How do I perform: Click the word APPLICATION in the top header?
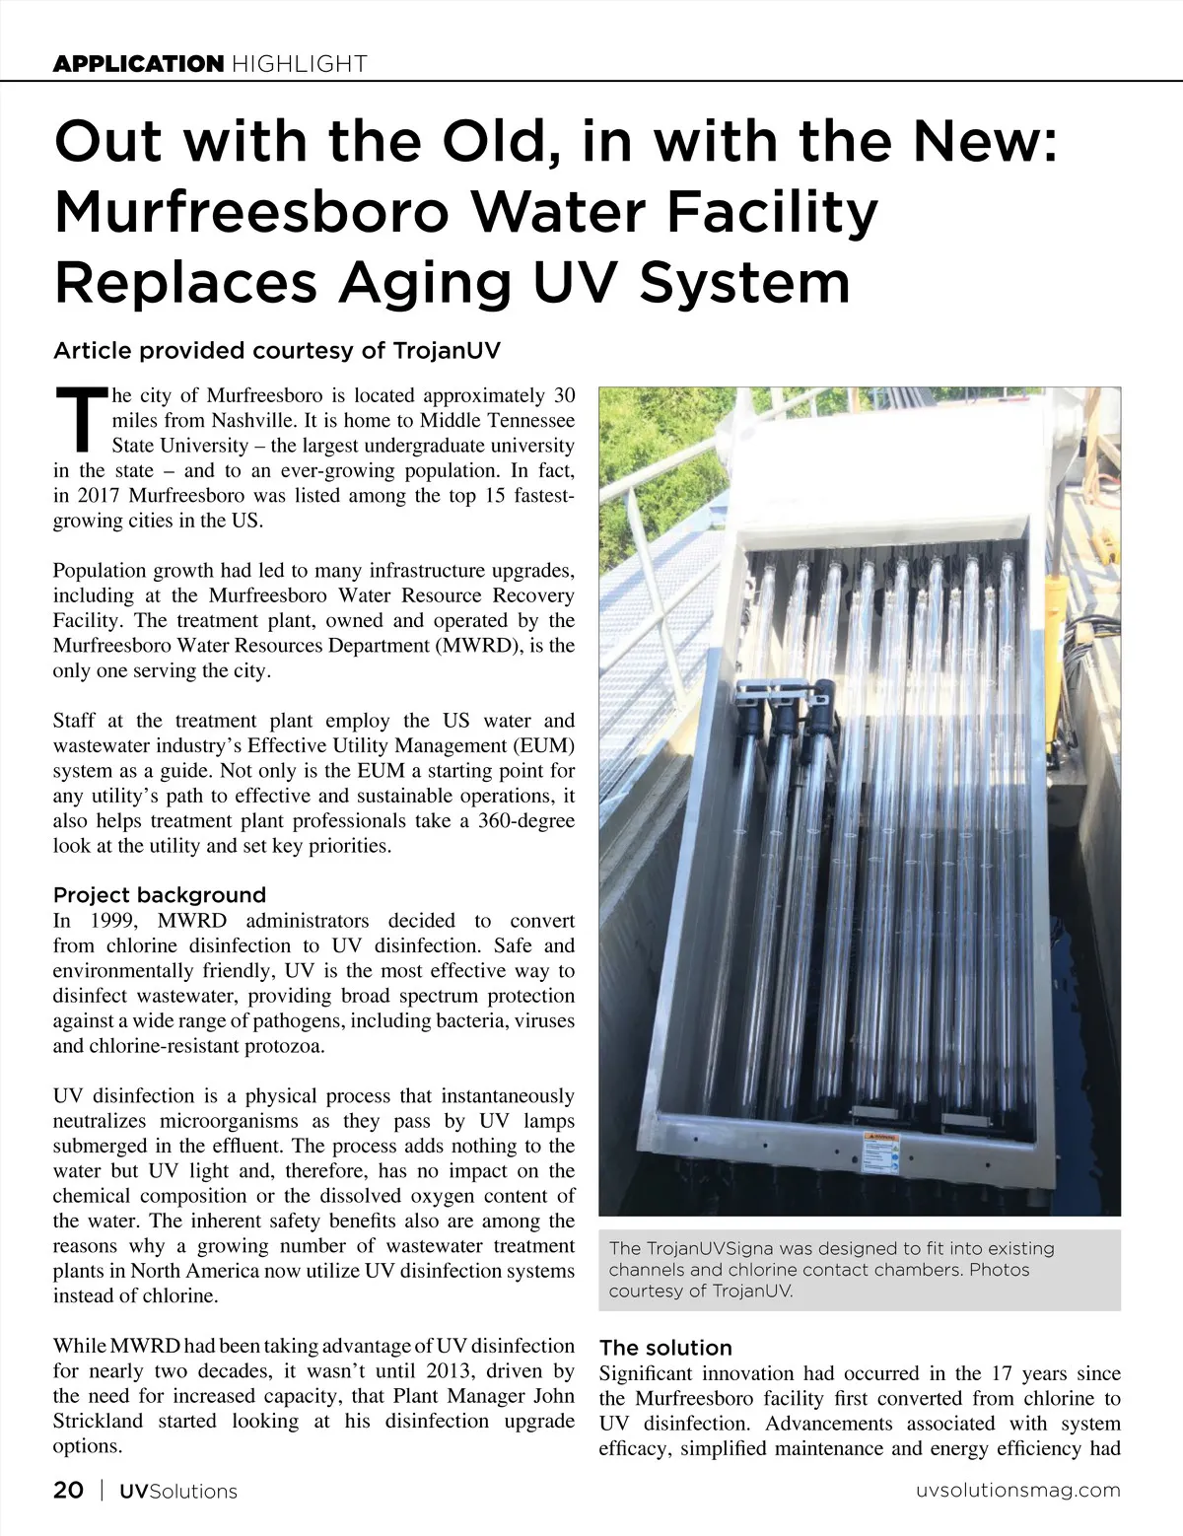click(138, 64)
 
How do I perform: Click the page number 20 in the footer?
click(68, 1490)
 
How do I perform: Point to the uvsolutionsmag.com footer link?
click(1018, 1490)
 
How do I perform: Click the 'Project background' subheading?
click(160, 895)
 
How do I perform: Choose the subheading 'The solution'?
click(665, 1348)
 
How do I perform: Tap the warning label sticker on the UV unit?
click(880, 1152)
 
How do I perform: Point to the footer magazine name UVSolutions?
click(178, 1491)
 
